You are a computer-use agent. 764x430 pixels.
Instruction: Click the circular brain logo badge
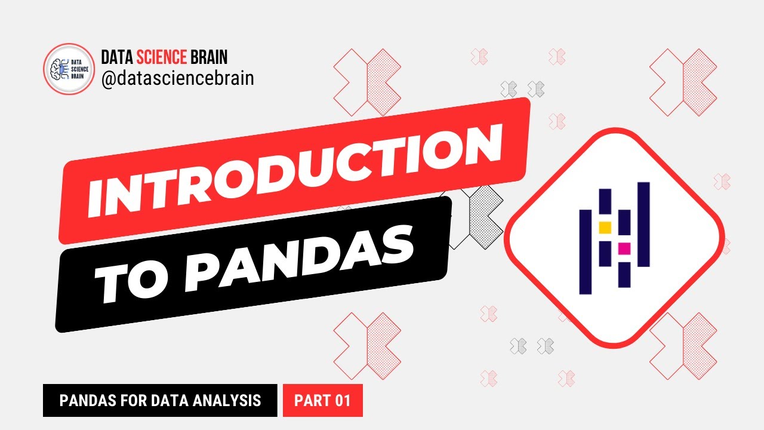pos(69,69)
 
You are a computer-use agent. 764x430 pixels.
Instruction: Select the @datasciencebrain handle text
pos(177,78)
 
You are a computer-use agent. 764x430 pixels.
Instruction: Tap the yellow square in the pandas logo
pos(605,227)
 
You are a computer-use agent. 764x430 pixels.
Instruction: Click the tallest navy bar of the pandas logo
pos(643,224)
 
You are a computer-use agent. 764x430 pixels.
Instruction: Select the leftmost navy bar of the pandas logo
pos(586,251)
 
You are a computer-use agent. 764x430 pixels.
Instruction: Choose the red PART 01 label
pos(322,400)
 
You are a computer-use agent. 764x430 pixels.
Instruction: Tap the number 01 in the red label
pos(342,400)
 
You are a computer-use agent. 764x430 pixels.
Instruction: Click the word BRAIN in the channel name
pos(208,57)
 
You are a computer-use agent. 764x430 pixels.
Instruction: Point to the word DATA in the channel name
pos(117,57)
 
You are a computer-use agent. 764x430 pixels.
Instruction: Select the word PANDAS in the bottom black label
pos(84,400)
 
